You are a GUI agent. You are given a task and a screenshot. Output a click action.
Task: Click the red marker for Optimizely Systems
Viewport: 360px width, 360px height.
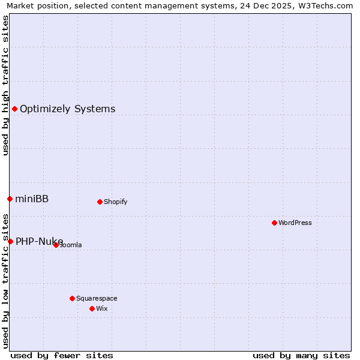(14, 109)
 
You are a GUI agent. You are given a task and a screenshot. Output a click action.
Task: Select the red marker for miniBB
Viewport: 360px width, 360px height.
(10, 199)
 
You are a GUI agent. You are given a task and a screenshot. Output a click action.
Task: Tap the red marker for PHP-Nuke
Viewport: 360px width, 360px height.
(10, 241)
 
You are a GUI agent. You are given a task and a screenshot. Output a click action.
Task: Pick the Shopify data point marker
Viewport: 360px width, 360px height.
(100, 202)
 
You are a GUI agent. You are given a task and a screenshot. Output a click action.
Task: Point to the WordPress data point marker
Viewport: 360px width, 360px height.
(274, 223)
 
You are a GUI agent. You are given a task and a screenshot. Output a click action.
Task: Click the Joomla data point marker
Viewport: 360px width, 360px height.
(56, 245)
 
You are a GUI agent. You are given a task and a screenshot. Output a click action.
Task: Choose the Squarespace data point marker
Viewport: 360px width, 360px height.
(72, 298)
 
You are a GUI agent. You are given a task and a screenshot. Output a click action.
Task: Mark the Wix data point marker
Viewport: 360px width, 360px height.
(92, 308)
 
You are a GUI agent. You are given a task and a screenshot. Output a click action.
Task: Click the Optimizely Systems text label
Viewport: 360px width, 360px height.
(67, 109)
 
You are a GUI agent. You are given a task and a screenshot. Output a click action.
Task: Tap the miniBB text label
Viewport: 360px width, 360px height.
(32, 199)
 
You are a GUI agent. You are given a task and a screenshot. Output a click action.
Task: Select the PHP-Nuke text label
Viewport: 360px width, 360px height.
(39, 242)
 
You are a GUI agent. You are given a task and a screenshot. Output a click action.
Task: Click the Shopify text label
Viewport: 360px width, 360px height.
(115, 202)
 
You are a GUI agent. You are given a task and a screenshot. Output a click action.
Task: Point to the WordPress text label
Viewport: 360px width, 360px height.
(295, 223)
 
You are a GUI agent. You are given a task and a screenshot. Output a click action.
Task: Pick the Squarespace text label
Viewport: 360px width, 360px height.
(97, 298)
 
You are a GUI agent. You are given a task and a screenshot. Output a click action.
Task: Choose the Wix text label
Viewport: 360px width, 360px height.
(101, 308)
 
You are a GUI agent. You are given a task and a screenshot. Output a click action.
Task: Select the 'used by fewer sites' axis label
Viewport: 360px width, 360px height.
(62, 355)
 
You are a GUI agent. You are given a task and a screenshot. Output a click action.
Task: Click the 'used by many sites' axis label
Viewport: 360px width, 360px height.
(301, 355)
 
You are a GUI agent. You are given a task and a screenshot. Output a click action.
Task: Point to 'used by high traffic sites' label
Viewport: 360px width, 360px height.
(5, 85)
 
